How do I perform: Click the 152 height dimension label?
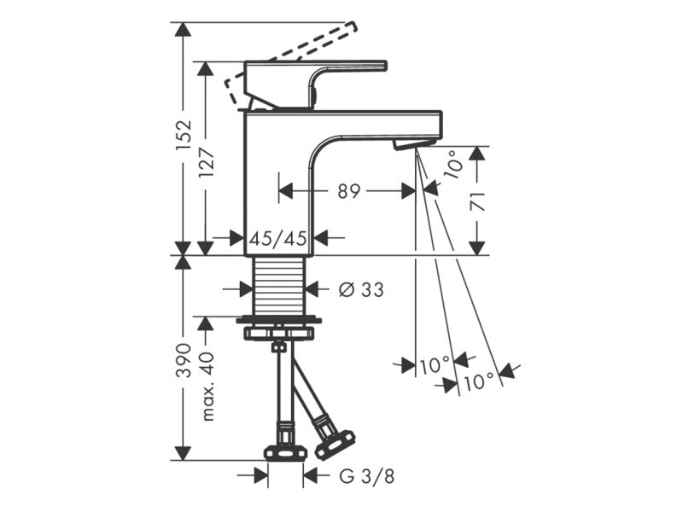(x=184, y=136)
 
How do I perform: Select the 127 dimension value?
(x=206, y=162)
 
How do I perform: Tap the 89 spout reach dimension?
(x=349, y=191)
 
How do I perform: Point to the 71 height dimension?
(x=478, y=201)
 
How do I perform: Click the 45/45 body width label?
(x=278, y=238)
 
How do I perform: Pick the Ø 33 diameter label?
(x=361, y=289)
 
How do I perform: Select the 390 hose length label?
(x=184, y=360)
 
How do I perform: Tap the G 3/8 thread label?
(x=367, y=476)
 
